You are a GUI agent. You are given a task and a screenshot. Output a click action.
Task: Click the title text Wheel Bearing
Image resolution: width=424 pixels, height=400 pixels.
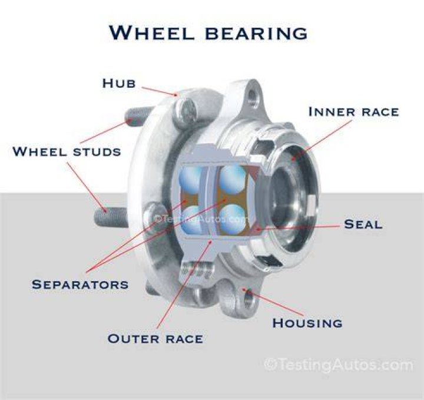(208, 33)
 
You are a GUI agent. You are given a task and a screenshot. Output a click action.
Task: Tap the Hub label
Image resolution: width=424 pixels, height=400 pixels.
(119, 83)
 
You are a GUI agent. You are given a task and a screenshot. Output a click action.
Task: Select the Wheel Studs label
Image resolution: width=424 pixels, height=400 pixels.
(67, 151)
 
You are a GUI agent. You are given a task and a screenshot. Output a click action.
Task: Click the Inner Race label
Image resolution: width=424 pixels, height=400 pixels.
(354, 112)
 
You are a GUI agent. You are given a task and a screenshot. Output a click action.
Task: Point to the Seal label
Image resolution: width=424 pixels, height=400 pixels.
(363, 224)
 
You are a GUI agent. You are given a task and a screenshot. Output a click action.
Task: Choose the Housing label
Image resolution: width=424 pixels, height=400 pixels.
(307, 323)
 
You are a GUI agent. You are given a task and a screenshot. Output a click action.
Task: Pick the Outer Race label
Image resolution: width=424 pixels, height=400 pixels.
(155, 339)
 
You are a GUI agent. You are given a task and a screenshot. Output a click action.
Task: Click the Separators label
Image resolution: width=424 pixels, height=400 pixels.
(80, 285)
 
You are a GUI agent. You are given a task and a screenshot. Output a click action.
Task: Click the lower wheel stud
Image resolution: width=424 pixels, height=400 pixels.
(111, 218)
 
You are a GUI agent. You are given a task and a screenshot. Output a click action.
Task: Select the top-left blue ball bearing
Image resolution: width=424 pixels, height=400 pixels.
(191, 179)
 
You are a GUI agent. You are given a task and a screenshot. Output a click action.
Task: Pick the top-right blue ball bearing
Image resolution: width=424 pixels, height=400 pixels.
(233, 178)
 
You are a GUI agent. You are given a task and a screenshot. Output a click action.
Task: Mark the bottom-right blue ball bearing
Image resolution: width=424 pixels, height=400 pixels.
(232, 219)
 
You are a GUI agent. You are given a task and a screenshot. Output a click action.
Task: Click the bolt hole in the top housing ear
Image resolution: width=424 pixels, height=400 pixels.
(253, 97)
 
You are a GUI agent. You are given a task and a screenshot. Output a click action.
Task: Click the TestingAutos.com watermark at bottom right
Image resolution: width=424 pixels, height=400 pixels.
(339, 365)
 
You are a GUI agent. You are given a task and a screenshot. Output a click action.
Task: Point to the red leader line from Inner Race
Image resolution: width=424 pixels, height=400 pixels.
(322, 140)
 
